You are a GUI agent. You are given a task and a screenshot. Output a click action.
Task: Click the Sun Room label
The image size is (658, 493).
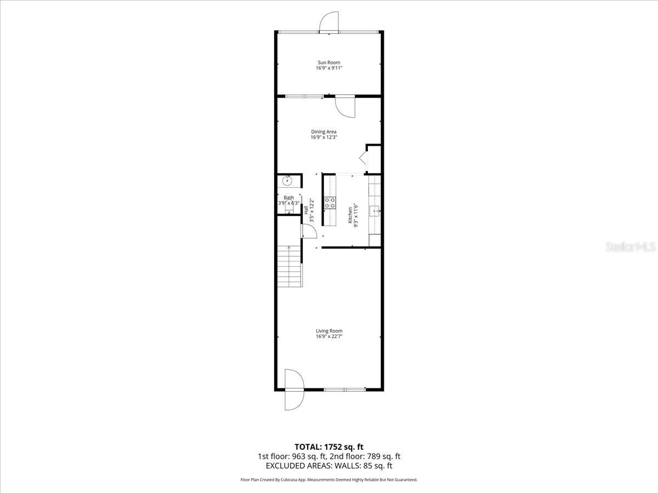328,62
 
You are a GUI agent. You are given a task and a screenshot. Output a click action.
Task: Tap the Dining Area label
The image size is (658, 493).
324,131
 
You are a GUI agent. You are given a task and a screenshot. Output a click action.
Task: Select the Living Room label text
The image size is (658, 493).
329,331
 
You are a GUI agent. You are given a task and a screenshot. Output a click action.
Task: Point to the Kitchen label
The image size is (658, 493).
350,214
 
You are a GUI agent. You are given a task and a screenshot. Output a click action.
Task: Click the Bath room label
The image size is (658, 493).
288,198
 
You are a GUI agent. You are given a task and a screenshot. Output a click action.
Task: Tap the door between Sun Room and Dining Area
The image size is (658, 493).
345,107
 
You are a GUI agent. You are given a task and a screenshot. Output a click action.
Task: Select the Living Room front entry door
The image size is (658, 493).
293,390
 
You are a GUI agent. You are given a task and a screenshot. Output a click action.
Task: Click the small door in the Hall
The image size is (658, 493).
308,231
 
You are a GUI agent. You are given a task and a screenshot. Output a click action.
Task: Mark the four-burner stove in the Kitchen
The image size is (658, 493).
330,203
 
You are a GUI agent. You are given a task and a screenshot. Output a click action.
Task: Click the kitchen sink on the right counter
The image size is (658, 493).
376,210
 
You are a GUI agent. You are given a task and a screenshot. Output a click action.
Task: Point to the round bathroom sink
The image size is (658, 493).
288,181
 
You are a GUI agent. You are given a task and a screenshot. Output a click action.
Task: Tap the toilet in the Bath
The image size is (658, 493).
289,209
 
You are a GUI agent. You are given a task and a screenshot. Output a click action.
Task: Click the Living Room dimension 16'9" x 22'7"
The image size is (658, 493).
329,337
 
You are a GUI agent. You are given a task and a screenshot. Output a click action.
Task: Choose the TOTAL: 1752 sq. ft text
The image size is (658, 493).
329,446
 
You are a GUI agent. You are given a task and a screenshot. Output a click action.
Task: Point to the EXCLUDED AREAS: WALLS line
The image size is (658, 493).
329,466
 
